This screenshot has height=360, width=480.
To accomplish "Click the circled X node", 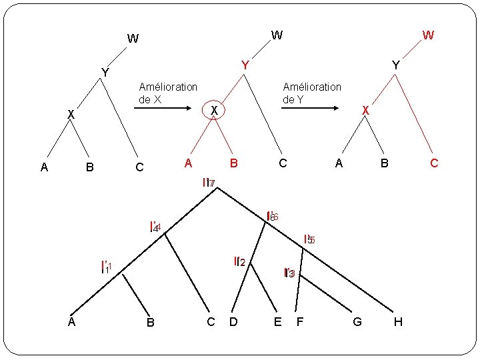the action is [x=213, y=110].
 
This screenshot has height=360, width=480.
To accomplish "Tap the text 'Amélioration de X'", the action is [x=167, y=93].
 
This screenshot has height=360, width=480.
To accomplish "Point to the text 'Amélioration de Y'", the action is [x=312, y=93].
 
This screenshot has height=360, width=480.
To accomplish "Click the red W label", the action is [x=428, y=35].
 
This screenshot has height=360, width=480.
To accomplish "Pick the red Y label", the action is [x=245, y=65].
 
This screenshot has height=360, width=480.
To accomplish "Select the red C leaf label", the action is [x=434, y=163].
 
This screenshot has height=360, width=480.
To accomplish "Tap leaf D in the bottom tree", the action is [x=233, y=322].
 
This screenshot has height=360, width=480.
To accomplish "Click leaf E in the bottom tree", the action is [x=277, y=322].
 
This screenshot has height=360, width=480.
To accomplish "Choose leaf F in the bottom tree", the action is [x=300, y=322].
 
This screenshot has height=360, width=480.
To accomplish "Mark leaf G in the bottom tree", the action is [x=357, y=322].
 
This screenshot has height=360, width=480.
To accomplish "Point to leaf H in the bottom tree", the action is [x=398, y=322].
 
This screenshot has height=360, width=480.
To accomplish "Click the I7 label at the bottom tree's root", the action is [x=208, y=183].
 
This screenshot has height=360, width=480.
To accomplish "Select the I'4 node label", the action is [x=155, y=227].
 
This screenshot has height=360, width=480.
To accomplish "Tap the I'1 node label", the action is [x=105, y=268].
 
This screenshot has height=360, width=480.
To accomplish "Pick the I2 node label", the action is [x=240, y=262].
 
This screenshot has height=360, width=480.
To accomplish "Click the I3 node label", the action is [x=289, y=273].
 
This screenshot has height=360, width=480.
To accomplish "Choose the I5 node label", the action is [x=309, y=239].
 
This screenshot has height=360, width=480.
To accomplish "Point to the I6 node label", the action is [x=272, y=217].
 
